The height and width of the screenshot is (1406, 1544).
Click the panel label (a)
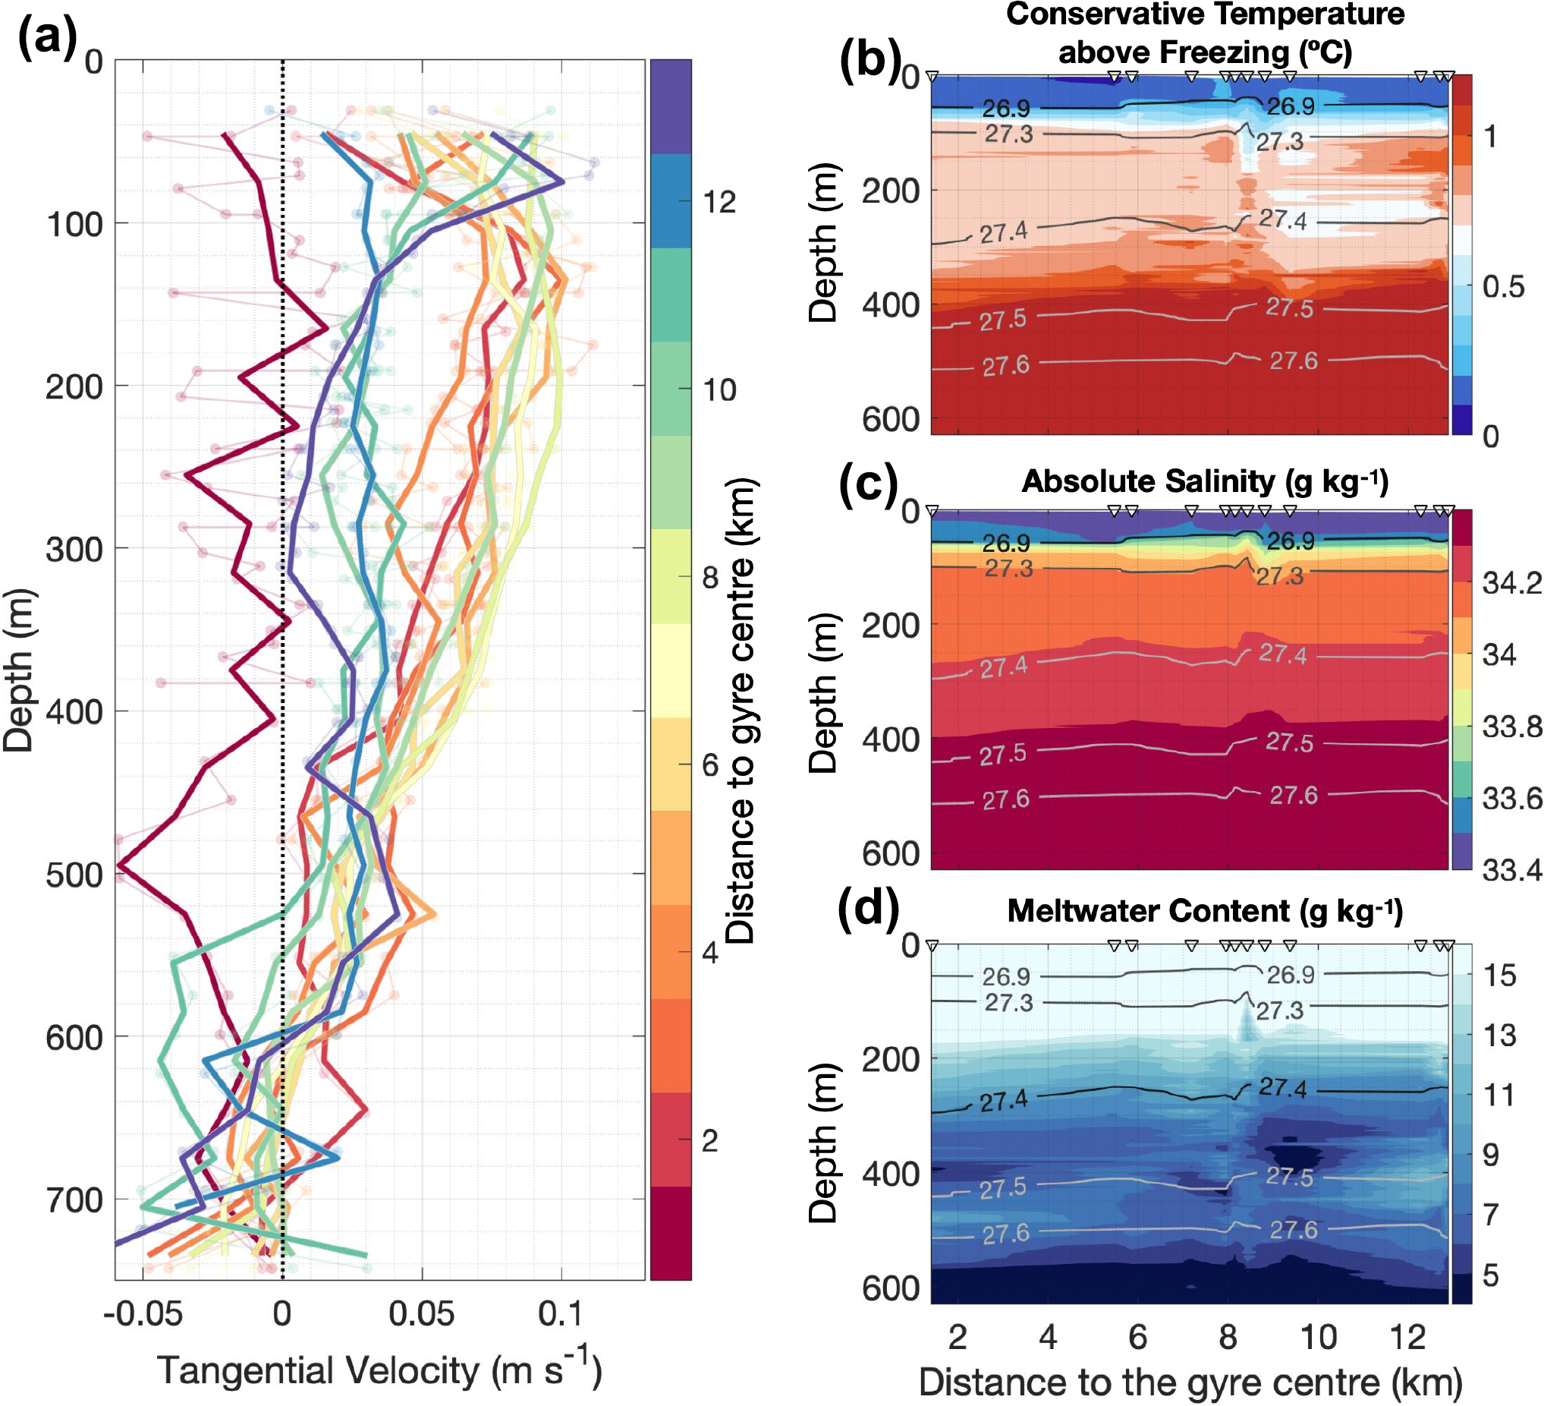48,36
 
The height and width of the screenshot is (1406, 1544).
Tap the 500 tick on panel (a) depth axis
74,875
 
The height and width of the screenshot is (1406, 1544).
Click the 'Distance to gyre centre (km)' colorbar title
741,711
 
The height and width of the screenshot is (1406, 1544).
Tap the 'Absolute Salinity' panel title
1205,481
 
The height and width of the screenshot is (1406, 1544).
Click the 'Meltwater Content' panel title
1205,911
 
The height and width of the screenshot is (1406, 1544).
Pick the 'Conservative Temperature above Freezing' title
1205,33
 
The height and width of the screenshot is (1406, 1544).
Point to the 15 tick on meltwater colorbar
1499,976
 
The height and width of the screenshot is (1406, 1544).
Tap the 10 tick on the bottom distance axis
1318,1337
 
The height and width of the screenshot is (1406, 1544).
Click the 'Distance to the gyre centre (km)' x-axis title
1190,1383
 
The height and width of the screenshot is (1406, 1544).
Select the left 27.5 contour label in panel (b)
1002,320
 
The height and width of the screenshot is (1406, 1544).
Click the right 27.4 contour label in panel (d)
1283,1088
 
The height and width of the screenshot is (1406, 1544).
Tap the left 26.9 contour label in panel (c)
1005,544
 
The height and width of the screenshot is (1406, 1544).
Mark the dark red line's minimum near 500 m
120,866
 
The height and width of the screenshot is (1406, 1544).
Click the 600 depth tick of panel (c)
891,853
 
